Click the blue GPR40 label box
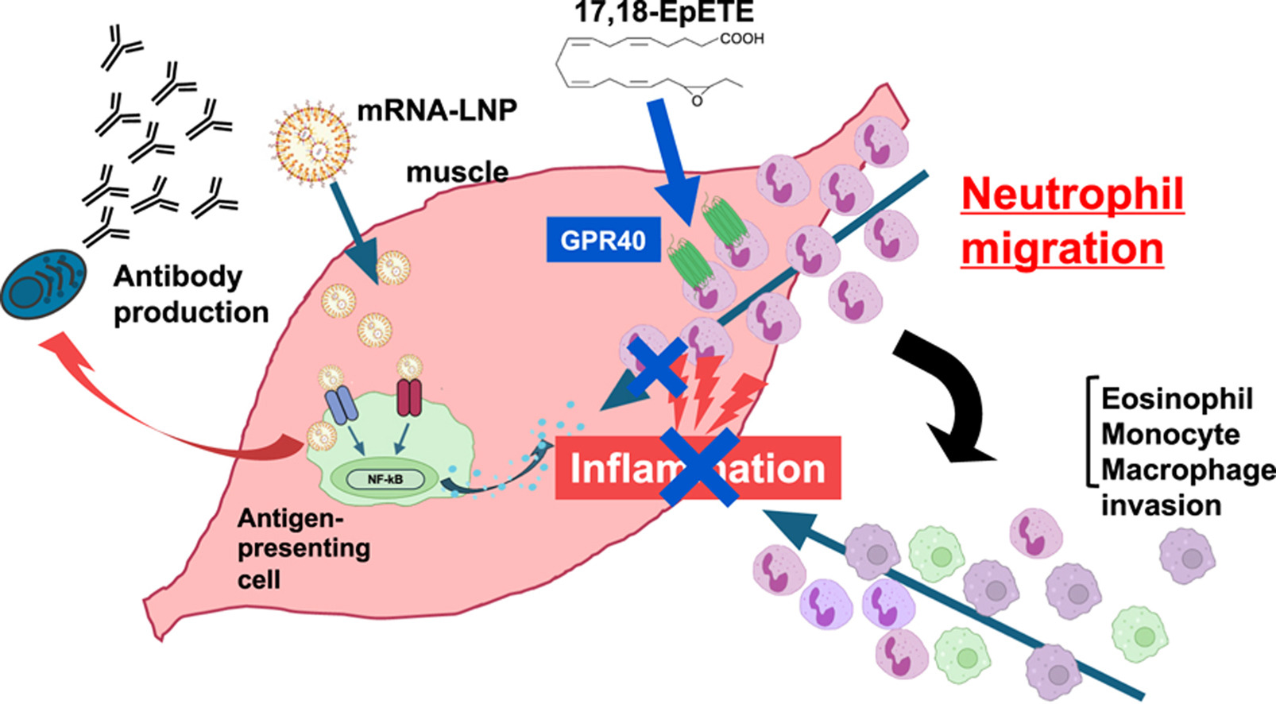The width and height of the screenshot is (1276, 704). (x=603, y=239)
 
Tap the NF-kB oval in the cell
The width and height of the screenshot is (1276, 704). (x=385, y=479)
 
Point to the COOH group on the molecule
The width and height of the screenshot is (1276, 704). (x=741, y=38)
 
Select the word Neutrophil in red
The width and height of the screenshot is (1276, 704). (x=1073, y=194)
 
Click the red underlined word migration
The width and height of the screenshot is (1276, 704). (x=1061, y=248)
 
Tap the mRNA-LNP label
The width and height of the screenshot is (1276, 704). (x=437, y=110)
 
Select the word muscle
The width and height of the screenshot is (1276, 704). (x=457, y=172)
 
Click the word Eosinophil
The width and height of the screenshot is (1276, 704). (x=1176, y=398)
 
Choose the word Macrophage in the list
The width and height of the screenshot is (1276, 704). (x=1187, y=470)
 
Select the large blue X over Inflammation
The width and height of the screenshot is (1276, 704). (x=699, y=466)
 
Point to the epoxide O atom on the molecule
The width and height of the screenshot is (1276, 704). (x=697, y=101)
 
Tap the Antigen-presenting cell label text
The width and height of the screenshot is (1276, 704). (x=303, y=548)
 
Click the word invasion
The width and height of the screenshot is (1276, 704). (x=1161, y=505)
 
